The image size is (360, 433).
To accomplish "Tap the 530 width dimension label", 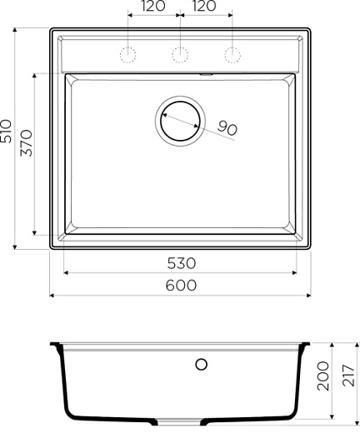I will [x=181, y=263].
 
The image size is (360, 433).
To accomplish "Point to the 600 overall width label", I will [x=181, y=286].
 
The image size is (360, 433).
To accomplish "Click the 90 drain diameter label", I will [x=227, y=128].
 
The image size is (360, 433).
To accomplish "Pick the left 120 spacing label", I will [x=153, y=7].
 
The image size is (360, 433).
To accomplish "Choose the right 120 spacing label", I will [x=205, y=7].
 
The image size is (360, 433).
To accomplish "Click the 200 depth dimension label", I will [x=322, y=381].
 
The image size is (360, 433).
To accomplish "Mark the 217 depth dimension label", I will [x=349, y=381].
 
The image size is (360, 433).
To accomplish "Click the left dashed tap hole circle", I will [x=128, y=55].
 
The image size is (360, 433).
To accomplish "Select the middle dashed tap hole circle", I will [x=179, y=55].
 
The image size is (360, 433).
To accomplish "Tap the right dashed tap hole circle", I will [x=231, y=55].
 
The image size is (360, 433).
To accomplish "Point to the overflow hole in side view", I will [x=200, y=364].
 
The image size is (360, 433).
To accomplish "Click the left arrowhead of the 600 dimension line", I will [x=52, y=295].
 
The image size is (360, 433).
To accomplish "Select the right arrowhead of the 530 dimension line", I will [x=295, y=272].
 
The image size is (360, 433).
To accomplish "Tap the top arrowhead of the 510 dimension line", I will [x=16, y=30].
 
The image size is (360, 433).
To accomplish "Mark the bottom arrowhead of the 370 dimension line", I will [x=34, y=233].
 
